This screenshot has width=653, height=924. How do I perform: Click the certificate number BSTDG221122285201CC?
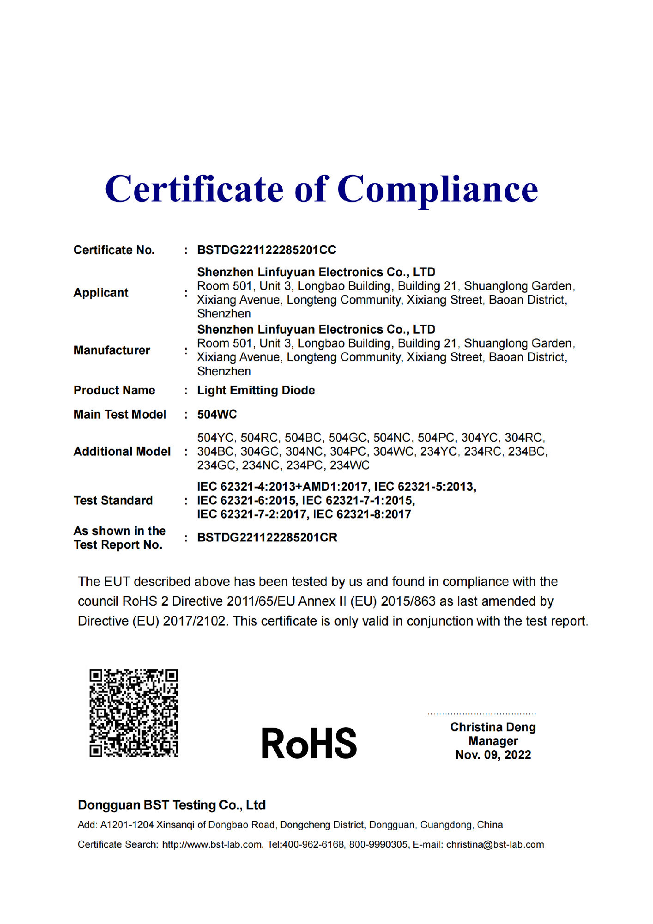tap(266, 250)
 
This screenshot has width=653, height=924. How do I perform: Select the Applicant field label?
tap(101, 292)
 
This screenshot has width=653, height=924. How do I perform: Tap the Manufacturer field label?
tap(112, 350)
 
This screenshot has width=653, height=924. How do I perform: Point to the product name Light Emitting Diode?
tap(256, 390)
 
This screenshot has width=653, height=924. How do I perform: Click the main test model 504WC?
tap(217, 414)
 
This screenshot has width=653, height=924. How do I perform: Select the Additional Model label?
tap(122, 451)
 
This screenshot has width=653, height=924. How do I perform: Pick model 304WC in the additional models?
tap(393, 451)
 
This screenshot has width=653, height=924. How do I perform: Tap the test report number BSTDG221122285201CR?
tap(267, 537)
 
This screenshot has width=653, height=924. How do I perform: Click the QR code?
tap(133, 713)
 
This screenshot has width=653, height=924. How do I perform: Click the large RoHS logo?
tap(309, 743)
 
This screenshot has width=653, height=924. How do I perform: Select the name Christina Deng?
tap(493, 727)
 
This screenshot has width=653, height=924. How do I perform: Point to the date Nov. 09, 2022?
tap(493, 755)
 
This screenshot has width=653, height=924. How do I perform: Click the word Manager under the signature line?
tap(493, 741)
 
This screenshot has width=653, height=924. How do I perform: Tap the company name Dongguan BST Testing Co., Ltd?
tap(171, 805)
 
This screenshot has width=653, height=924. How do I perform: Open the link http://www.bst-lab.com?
tap(212, 845)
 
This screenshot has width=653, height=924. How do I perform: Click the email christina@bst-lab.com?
tap(495, 845)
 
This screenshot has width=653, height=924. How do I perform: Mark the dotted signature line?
tap(482, 714)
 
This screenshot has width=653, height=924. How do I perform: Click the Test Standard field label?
tap(113, 500)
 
